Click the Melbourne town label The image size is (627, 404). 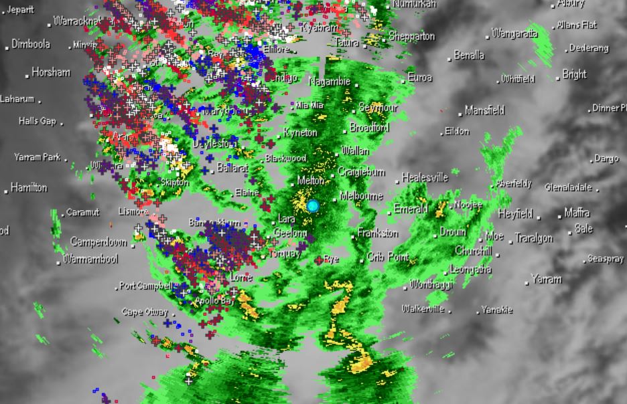coord(361,196)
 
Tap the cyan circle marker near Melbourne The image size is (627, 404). coord(313,206)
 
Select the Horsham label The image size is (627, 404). coord(50,72)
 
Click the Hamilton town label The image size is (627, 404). coord(29,188)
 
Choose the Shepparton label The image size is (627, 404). coord(411,36)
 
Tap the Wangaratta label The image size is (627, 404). coord(514,33)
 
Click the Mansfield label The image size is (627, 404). coord(484,110)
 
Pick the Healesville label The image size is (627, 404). coord(425,178)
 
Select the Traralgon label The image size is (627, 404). coord(533,238)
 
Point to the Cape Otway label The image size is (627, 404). coord(141,312)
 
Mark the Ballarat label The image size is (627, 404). coord(232,168)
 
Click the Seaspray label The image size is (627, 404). coord(605,259)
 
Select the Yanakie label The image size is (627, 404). coord(497,310)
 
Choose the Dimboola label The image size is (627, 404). coord(30,44)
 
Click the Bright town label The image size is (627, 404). coord(574,75)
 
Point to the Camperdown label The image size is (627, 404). coord(98,241)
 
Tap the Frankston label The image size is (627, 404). coord(378,233)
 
